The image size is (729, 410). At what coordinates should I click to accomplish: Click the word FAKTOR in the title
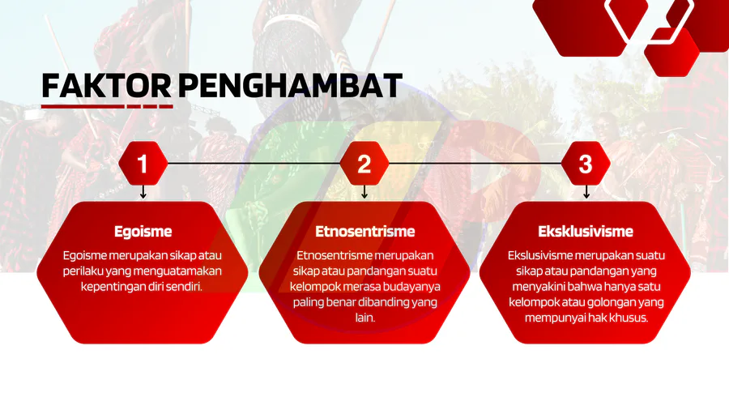click(106, 86)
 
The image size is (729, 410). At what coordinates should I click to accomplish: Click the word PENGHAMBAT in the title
click(290, 86)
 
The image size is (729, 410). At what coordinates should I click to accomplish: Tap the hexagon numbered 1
click(143, 164)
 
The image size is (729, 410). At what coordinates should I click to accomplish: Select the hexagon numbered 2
click(364, 164)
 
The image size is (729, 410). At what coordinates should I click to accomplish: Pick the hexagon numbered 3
click(586, 164)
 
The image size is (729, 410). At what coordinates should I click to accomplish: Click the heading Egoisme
click(143, 231)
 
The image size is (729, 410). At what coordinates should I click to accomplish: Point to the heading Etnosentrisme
click(365, 231)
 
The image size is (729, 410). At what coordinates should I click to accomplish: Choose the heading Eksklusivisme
click(586, 231)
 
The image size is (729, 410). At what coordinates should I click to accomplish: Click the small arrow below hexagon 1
click(143, 192)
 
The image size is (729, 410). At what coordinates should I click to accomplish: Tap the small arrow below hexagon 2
click(364, 192)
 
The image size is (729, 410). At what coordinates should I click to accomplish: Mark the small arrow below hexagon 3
click(586, 192)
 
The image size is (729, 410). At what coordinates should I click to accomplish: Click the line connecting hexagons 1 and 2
click(254, 164)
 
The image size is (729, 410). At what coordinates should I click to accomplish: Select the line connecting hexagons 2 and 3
click(475, 164)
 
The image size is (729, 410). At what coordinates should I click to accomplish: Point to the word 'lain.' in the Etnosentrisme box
click(365, 318)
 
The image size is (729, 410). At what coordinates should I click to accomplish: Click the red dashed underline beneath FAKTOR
click(107, 106)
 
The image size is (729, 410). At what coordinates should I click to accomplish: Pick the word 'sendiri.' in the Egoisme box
click(184, 286)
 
